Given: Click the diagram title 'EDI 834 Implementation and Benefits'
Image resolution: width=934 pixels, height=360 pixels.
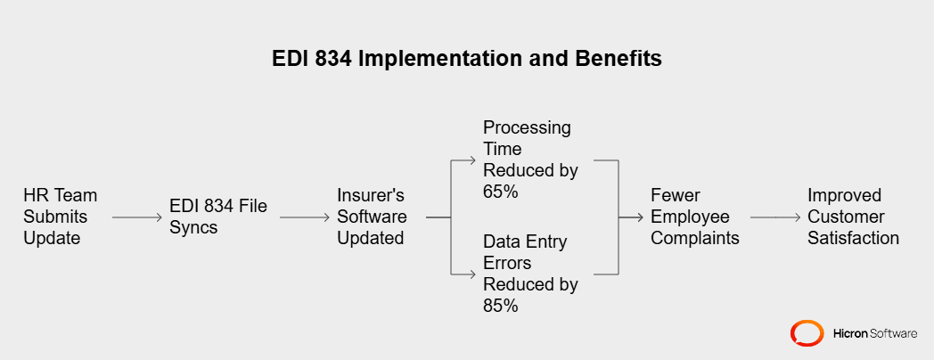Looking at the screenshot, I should point(467,60).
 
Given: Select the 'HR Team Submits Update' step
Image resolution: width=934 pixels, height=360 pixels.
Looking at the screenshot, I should point(61,217).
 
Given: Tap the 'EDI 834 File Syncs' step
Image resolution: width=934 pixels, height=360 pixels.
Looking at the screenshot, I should point(218,217).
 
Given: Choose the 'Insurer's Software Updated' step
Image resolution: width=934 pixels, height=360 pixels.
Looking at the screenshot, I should point(372,217).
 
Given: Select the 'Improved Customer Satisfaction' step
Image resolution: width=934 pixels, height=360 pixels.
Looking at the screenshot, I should point(853,217).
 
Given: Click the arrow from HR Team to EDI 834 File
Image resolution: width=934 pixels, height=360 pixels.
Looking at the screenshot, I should point(137,217).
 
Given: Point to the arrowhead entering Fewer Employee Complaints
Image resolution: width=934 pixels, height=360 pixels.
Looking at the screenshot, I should point(640,217).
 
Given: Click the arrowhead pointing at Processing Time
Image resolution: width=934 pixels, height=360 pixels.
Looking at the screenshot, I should point(473,161).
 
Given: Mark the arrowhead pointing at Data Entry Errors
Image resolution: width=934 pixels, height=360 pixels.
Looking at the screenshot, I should point(473,273).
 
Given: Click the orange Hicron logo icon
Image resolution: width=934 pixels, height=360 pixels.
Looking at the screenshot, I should point(807,333).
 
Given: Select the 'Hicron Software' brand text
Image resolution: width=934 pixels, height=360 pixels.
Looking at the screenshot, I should point(874,333).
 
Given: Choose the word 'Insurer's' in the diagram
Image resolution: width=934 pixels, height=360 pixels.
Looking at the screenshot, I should point(371,195).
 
